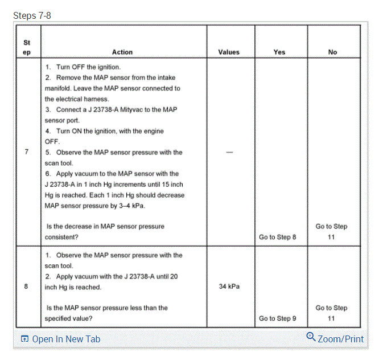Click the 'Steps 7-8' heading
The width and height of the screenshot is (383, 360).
coord(32,15)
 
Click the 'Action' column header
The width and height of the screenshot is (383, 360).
coord(122,52)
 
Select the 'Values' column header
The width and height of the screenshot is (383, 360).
coord(229,52)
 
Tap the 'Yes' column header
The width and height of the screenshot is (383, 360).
coord(279,52)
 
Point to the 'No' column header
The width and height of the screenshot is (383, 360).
coord(332,52)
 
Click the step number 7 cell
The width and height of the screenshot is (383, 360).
coord(27,152)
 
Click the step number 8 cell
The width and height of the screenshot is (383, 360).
coord(27,286)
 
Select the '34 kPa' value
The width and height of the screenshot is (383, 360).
coord(229,286)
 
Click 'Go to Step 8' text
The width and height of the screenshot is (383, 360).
coord(278,237)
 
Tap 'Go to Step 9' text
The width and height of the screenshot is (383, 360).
coord(278,318)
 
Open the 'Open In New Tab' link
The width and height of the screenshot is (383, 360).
coord(66,339)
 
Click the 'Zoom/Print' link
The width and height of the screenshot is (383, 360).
coord(340,339)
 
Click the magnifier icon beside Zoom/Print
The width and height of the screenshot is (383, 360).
coord(311,337)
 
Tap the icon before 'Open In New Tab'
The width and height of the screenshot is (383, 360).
coord(24,339)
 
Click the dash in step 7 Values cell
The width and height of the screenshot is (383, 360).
coord(229,153)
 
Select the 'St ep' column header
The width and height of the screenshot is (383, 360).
coord(27,47)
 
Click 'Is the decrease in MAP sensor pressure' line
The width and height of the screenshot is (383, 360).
coord(105,226)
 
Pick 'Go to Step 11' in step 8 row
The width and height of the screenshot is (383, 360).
coord(332,313)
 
